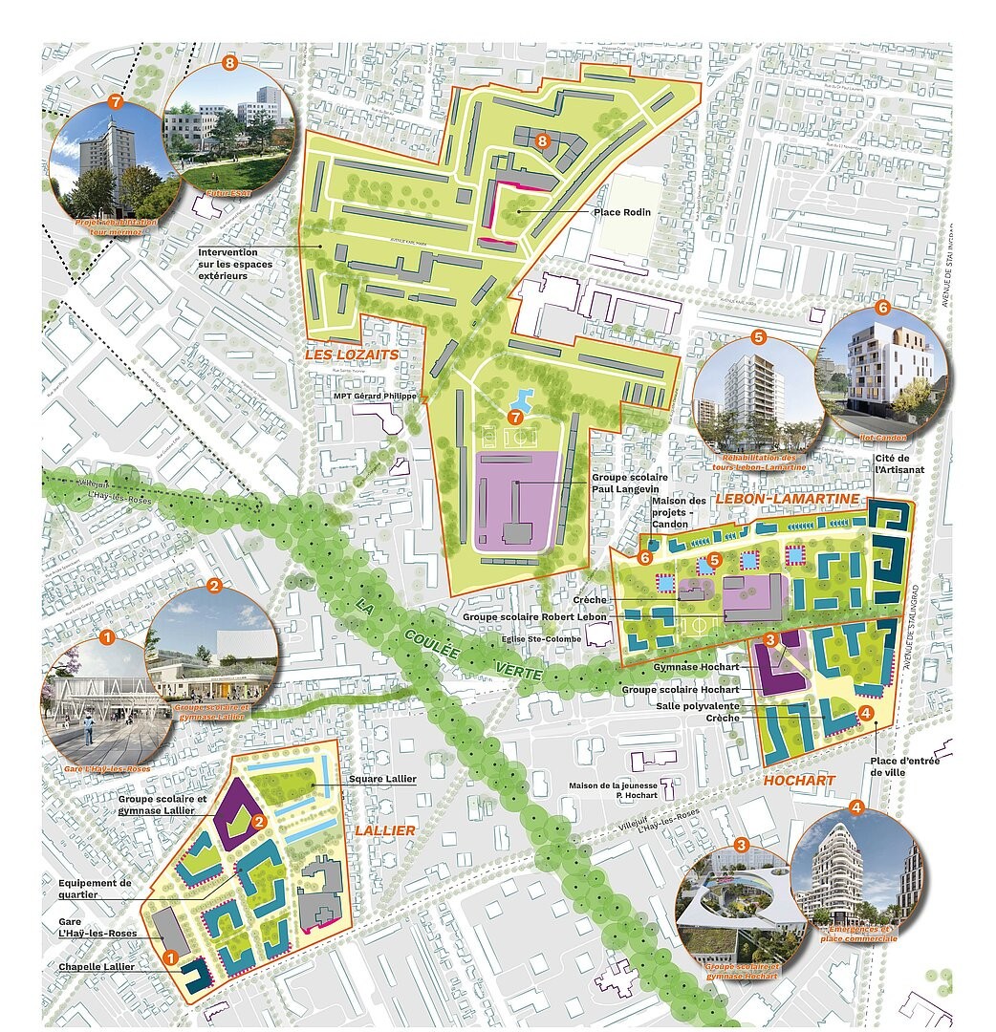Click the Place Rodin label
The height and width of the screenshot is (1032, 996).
click(x=621, y=212)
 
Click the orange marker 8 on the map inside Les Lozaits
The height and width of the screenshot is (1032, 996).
click(x=542, y=142)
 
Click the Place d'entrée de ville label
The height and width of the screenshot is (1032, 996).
click(x=905, y=766)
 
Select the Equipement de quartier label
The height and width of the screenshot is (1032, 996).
click(x=94, y=890)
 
